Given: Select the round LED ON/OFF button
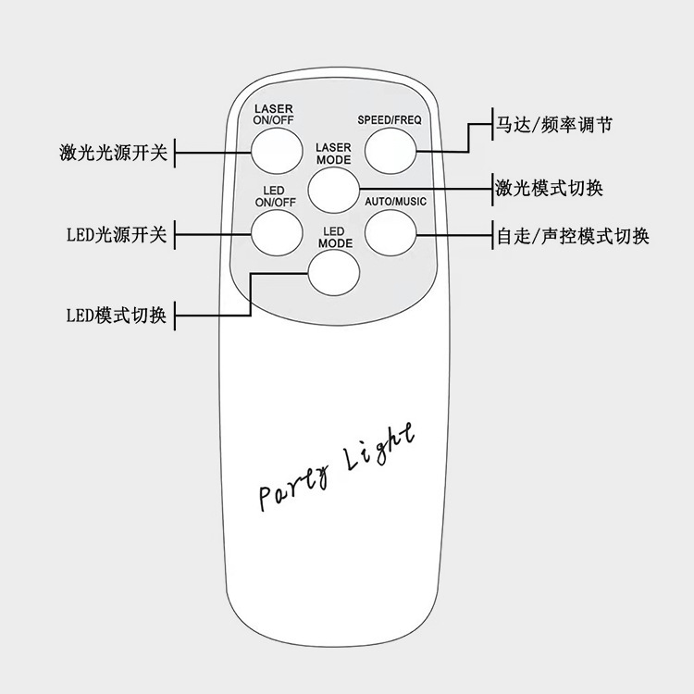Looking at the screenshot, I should click(x=277, y=233).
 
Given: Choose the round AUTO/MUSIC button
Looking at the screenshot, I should click(x=389, y=233).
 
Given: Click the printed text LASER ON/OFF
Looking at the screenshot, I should click(x=274, y=114).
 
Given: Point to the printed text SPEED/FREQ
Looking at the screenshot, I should click(x=390, y=120).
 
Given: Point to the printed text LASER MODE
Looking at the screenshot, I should click(x=333, y=154).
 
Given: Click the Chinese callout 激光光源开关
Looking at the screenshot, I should click(x=113, y=152).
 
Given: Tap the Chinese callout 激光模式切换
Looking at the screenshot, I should click(x=549, y=189).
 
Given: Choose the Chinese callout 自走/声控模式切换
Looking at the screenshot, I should click(x=572, y=236).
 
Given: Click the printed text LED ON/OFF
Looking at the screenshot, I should click(x=274, y=195).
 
